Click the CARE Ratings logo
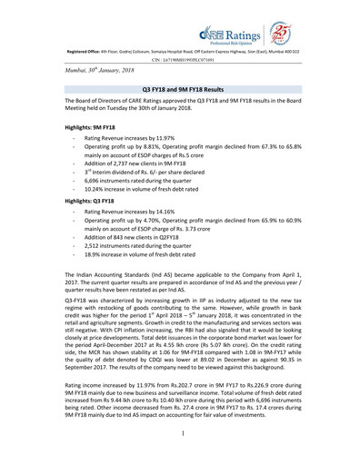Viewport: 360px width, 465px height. [x=270, y=18]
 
